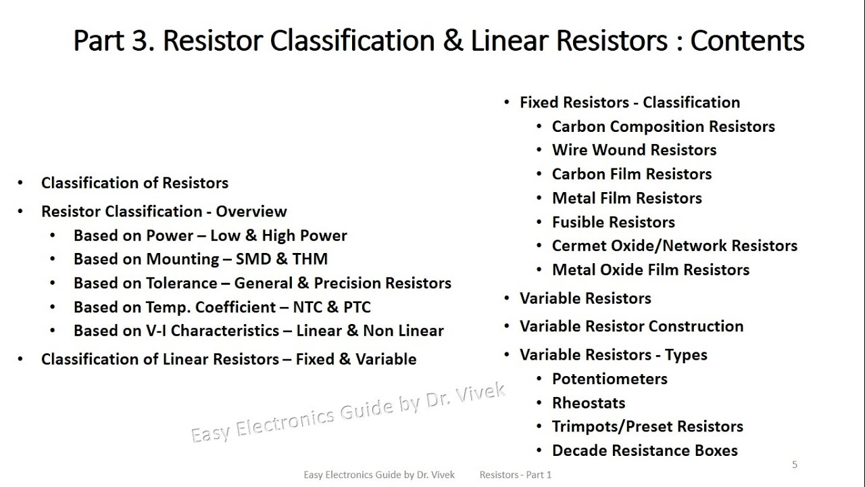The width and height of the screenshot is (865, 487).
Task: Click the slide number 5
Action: tap(795, 464)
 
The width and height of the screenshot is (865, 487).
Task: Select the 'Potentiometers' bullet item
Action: tap(609, 379)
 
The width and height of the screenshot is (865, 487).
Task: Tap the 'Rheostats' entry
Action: tap(588, 403)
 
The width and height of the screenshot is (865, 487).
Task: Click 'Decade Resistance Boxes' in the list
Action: tap(644, 450)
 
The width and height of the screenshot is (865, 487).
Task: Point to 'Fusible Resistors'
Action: tap(613, 222)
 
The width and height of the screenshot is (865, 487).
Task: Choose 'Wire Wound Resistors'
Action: tap(634, 150)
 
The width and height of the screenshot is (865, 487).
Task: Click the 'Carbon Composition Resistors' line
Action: tap(663, 126)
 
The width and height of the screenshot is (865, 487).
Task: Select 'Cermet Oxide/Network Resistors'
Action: tap(674, 246)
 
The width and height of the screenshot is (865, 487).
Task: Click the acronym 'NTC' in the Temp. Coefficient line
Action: tap(308, 306)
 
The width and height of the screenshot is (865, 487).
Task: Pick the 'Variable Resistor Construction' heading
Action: tap(631, 326)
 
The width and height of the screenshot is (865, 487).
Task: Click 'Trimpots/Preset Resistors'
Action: tap(647, 427)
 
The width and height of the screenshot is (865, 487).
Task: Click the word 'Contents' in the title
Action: tap(747, 41)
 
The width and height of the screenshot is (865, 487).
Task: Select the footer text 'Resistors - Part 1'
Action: tap(516, 475)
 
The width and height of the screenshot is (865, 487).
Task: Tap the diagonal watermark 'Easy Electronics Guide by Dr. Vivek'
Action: tap(348, 413)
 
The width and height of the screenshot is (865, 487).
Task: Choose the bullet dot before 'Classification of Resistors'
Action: tap(21, 183)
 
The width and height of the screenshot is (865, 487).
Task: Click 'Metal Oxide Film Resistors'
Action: tap(650, 270)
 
